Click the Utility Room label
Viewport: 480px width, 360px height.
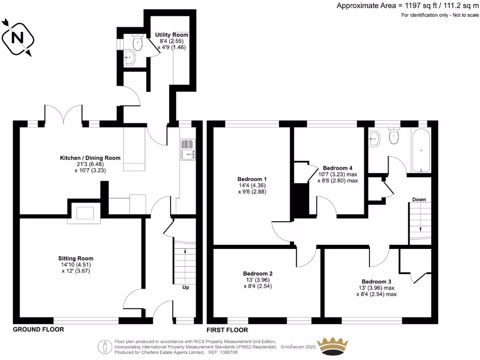pyautogui.click(x=172, y=35)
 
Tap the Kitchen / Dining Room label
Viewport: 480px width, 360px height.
pyautogui.click(x=90, y=158)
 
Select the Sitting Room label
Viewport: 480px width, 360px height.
pyautogui.click(x=75, y=258)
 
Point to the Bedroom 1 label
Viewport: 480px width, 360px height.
pyautogui.click(x=252, y=179)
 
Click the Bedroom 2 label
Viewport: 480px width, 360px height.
pyautogui.click(x=258, y=274)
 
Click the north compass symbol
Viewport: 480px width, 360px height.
pyautogui.click(x=17, y=37)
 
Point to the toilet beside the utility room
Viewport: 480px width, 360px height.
pyautogui.click(x=137, y=43)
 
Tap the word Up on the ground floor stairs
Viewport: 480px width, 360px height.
pyautogui.click(x=186, y=287)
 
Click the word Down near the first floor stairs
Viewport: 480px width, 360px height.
pyautogui.click(x=419, y=200)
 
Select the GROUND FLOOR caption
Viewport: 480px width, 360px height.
pyautogui.click(x=38, y=330)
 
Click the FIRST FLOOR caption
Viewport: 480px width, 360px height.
pyautogui.click(x=228, y=330)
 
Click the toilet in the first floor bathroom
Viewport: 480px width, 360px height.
pyautogui.click(x=394, y=137)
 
